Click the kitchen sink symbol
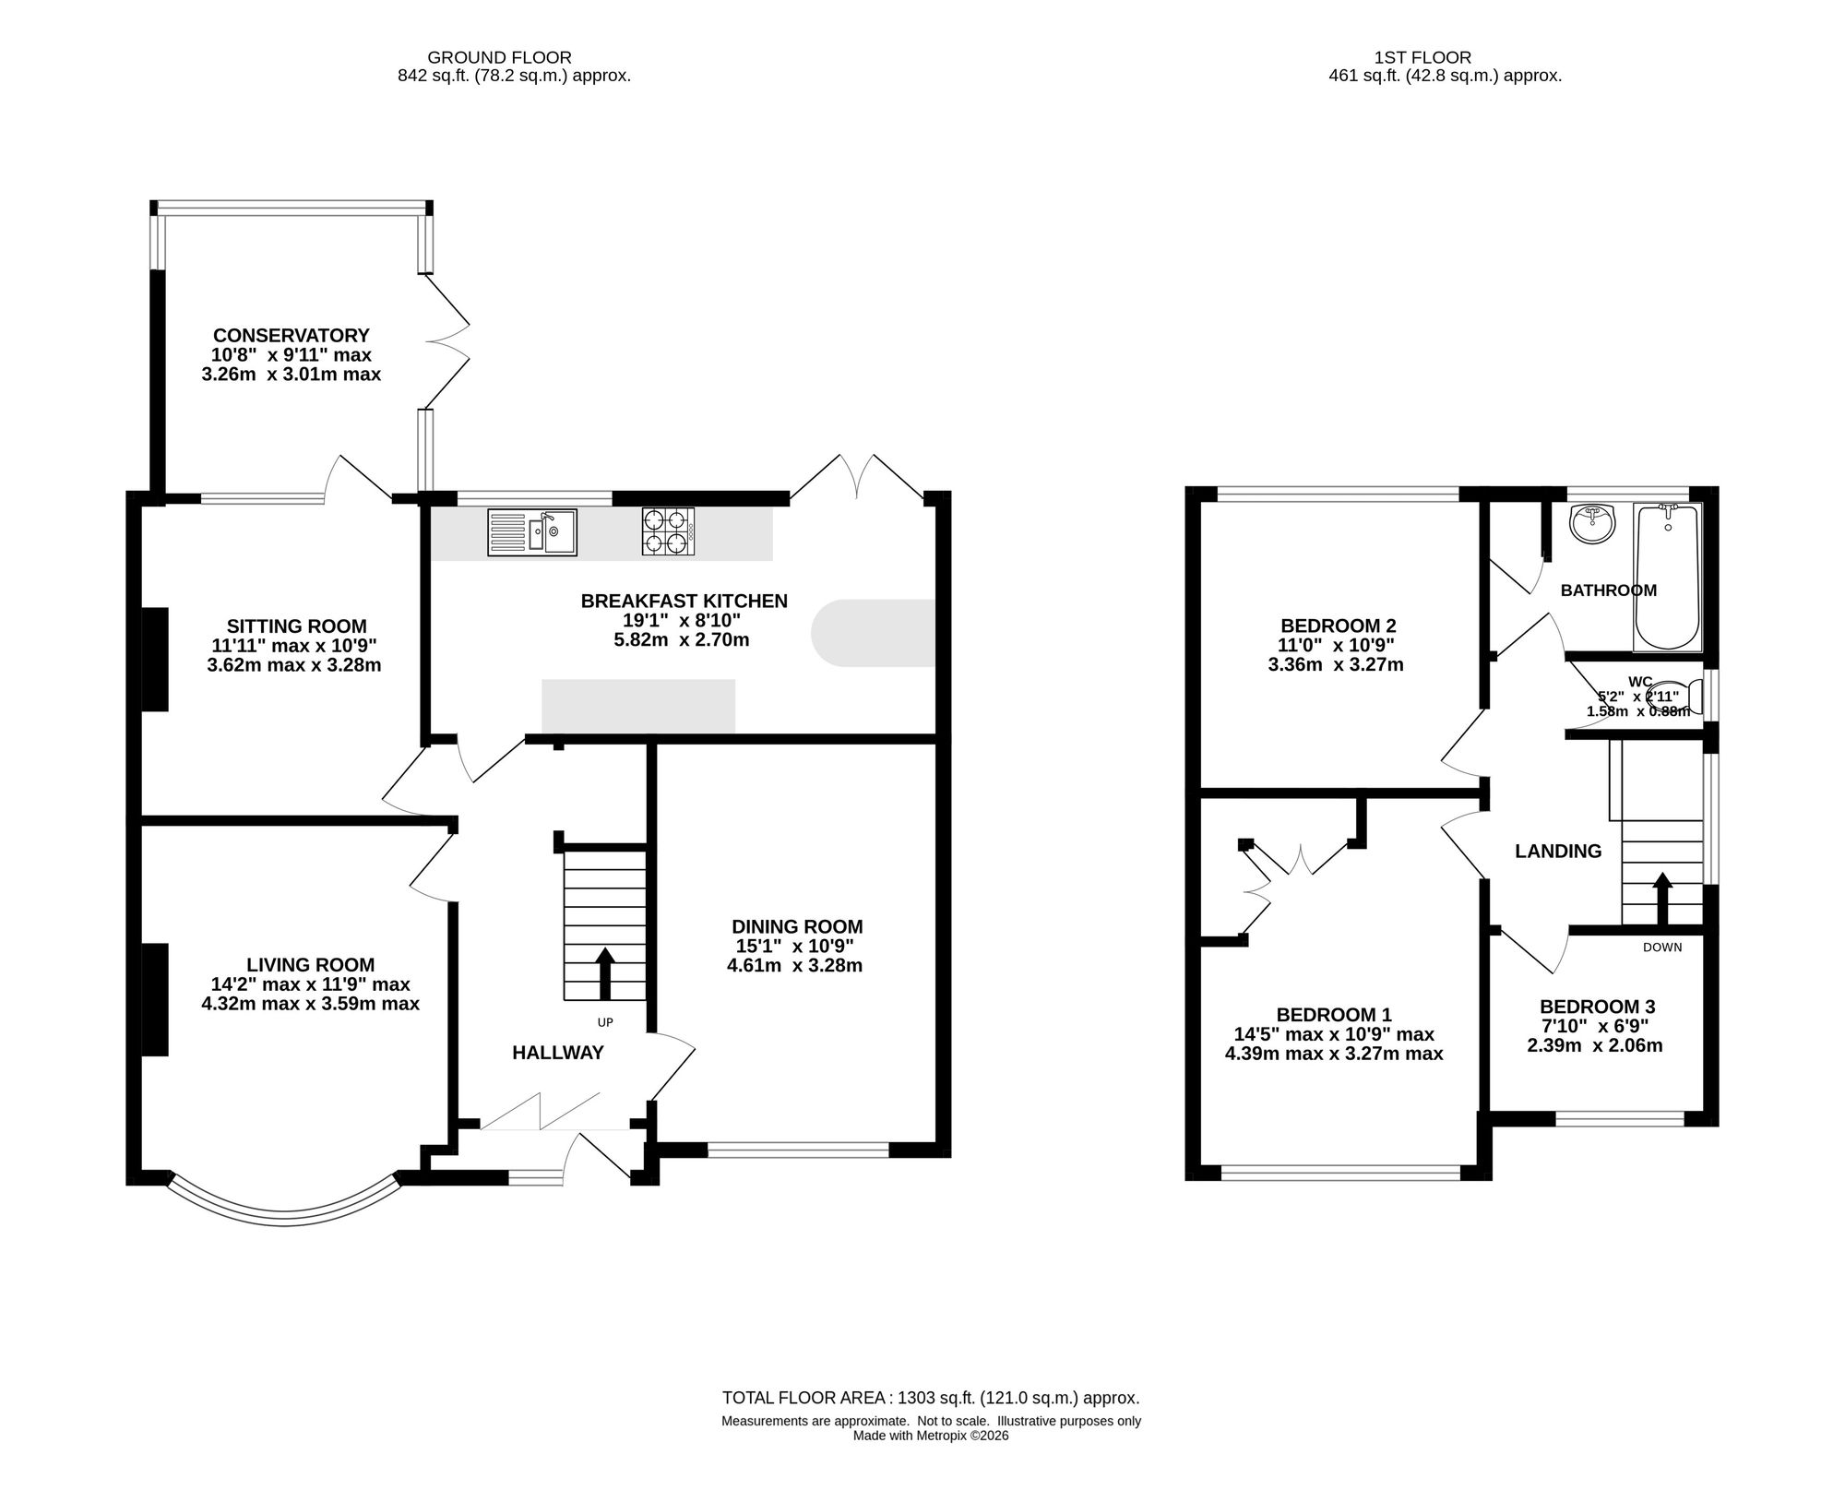click(x=532, y=532)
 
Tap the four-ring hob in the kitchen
click(x=669, y=532)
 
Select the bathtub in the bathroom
click(x=1668, y=577)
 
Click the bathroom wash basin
click(x=1593, y=524)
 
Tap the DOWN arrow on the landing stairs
click(x=1661, y=899)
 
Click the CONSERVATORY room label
click(x=292, y=336)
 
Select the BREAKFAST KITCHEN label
click(x=684, y=602)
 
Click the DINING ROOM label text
click(x=797, y=926)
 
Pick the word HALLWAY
click(x=558, y=1053)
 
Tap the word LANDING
click(x=1558, y=852)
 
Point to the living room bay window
click(x=284, y=1220)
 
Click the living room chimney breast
click(x=155, y=999)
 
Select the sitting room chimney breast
click(x=155, y=659)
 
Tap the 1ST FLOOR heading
click(x=1445, y=58)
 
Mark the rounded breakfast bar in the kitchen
click(x=873, y=633)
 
